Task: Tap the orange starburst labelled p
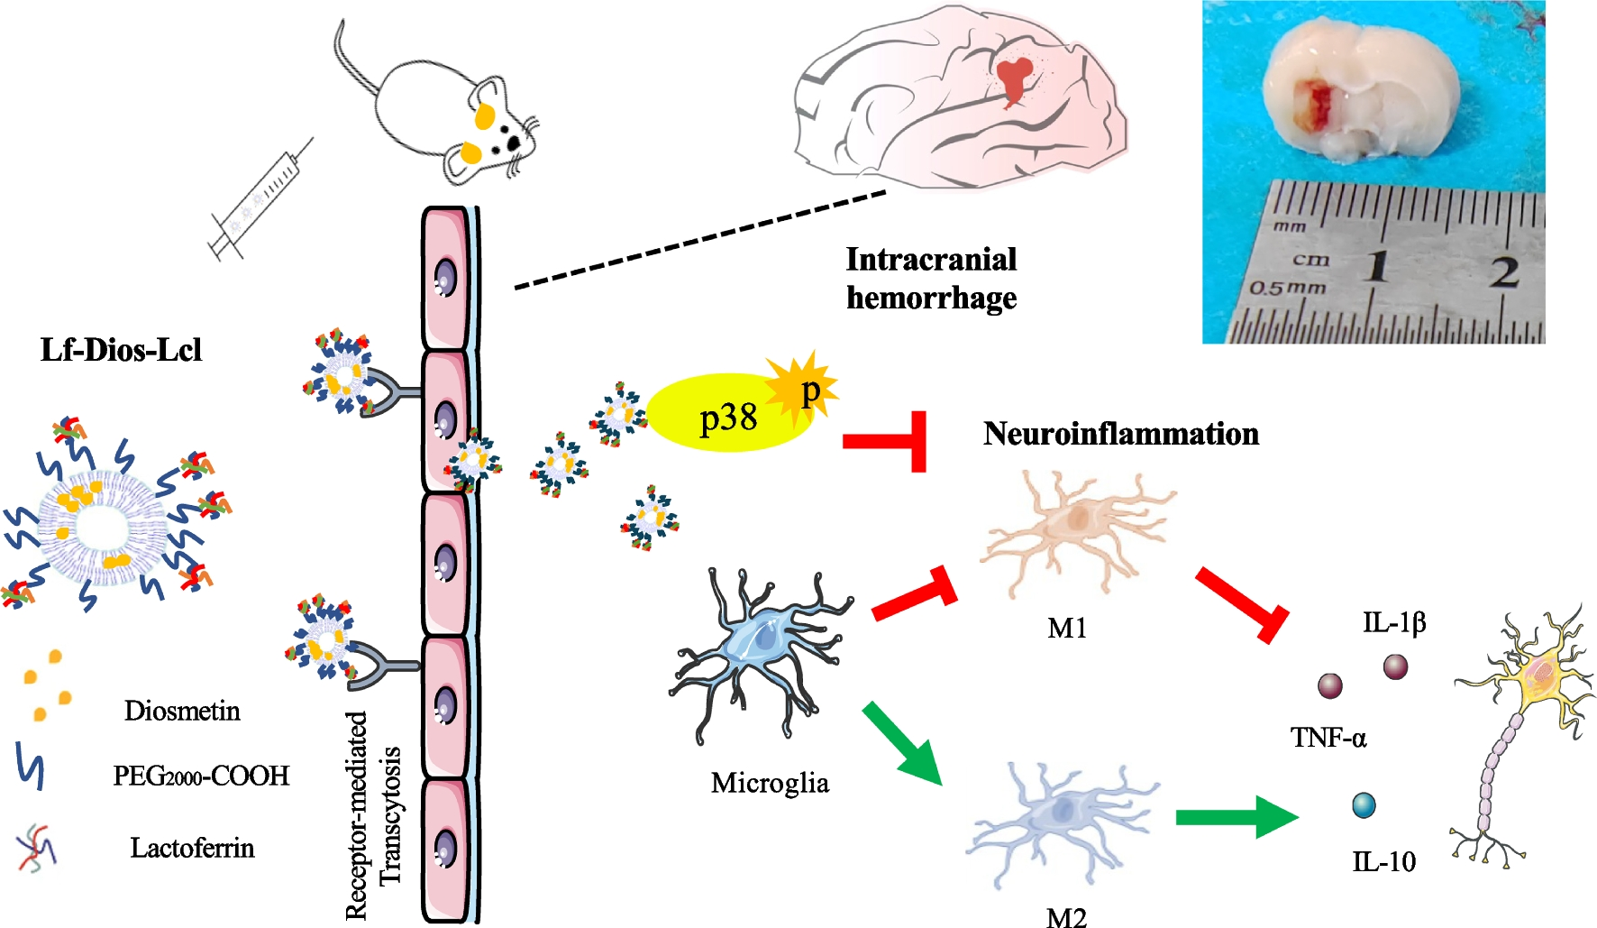(x=802, y=388)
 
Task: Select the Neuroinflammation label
(x=1120, y=434)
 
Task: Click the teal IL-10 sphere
(x=1364, y=804)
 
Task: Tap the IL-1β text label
(x=1393, y=622)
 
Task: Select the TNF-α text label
(x=1328, y=738)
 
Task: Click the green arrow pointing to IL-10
(x=1235, y=817)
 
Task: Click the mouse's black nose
(x=514, y=142)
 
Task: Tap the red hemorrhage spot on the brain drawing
(x=1016, y=79)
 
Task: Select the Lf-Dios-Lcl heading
(x=121, y=350)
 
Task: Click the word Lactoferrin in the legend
(x=192, y=848)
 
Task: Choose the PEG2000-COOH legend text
(x=201, y=776)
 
